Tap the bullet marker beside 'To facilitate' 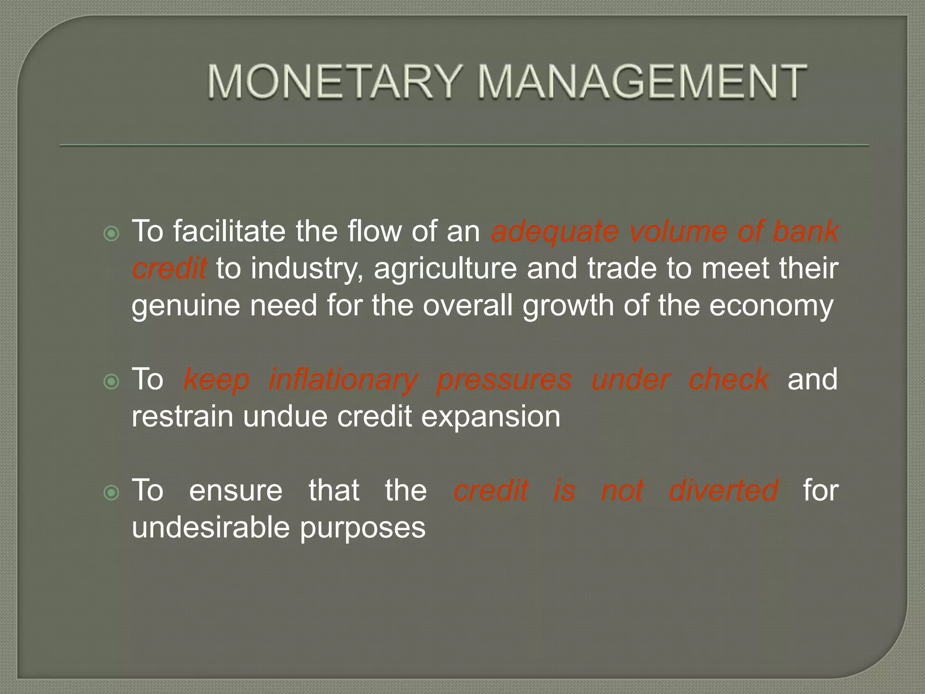tap(111, 234)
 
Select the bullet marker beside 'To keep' tap(111, 382)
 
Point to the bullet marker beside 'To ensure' tap(111, 493)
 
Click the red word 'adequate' tap(554, 232)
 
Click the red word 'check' tap(728, 380)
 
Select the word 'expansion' tap(491, 417)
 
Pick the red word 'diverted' tap(723, 491)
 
